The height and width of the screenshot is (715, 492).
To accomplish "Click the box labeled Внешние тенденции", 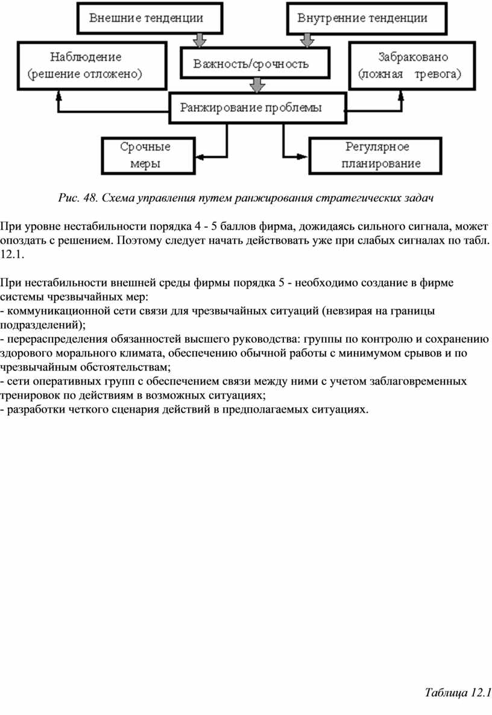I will pyautogui.click(x=146, y=18).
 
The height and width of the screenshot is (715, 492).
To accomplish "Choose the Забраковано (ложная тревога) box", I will pyautogui.click(x=409, y=66).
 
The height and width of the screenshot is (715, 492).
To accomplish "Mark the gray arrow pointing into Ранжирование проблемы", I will pyautogui.click(x=257, y=86).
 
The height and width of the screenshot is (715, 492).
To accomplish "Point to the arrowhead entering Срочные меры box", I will pyautogui.click(x=197, y=155).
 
